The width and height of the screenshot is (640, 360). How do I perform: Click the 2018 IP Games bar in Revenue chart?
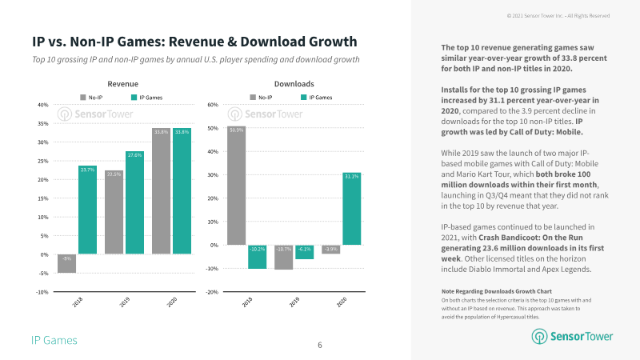pyautogui.click(x=87, y=210)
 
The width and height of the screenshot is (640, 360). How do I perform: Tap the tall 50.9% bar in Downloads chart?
pyautogui.click(x=236, y=185)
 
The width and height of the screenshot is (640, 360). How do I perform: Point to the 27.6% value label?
pyautogui.click(x=134, y=155)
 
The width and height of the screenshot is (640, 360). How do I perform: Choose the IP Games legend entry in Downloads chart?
pyautogui.click(x=317, y=98)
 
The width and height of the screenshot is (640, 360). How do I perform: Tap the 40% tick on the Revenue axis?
pyautogui.click(x=43, y=105)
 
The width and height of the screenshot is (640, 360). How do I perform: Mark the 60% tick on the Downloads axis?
pyautogui.click(x=214, y=105)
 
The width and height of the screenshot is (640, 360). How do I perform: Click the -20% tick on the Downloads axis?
pyautogui.click(x=213, y=292)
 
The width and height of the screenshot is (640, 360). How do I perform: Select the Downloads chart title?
pyautogui.click(x=294, y=83)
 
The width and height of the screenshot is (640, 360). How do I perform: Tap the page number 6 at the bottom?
pyautogui.click(x=319, y=345)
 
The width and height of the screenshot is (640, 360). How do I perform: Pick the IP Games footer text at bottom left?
pyautogui.click(x=54, y=341)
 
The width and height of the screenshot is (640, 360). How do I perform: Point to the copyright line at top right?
pyautogui.click(x=570, y=15)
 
